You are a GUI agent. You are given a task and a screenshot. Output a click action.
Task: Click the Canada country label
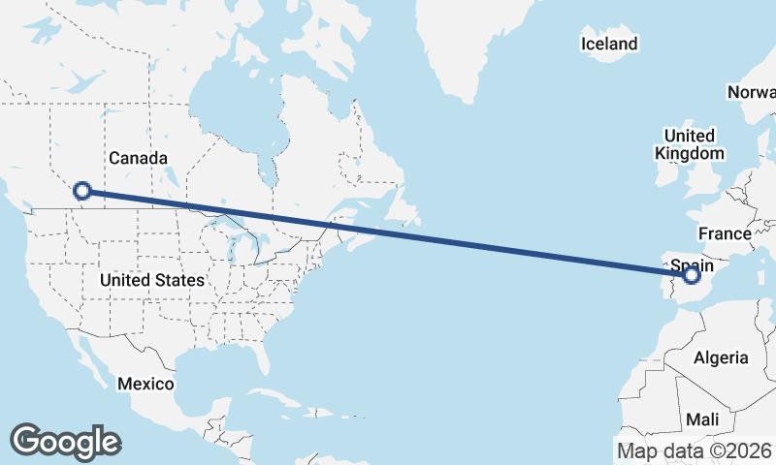pyautogui.click(x=139, y=158)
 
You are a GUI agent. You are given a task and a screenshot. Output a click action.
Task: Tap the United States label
pyautogui.click(x=152, y=280)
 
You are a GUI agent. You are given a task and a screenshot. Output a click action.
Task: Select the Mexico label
pyautogui.click(x=145, y=384)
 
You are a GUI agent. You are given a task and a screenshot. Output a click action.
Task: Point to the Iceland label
pyautogui.click(x=609, y=44)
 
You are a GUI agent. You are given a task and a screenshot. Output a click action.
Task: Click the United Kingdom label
pyautogui.click(x=689, y=144)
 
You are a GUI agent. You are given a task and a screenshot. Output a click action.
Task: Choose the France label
pyautogui.click(x=725, y=233)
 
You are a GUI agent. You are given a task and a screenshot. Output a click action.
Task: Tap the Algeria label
pyautogui.click(x=721, y=357)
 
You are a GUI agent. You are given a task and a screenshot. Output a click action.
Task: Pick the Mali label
pyautogui.click(x=701, y=419)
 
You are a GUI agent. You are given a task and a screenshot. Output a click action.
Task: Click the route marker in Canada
pyautogui.click(x=82, y=192)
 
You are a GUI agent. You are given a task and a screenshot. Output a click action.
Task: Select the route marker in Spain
pyautogui.click(x=691, y=275)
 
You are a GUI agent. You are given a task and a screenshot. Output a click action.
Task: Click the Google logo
pyautogui.click(x=65, y=442)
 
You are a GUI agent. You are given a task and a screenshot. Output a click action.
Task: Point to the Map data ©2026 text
pyautogui.click(x=695, y=450)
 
